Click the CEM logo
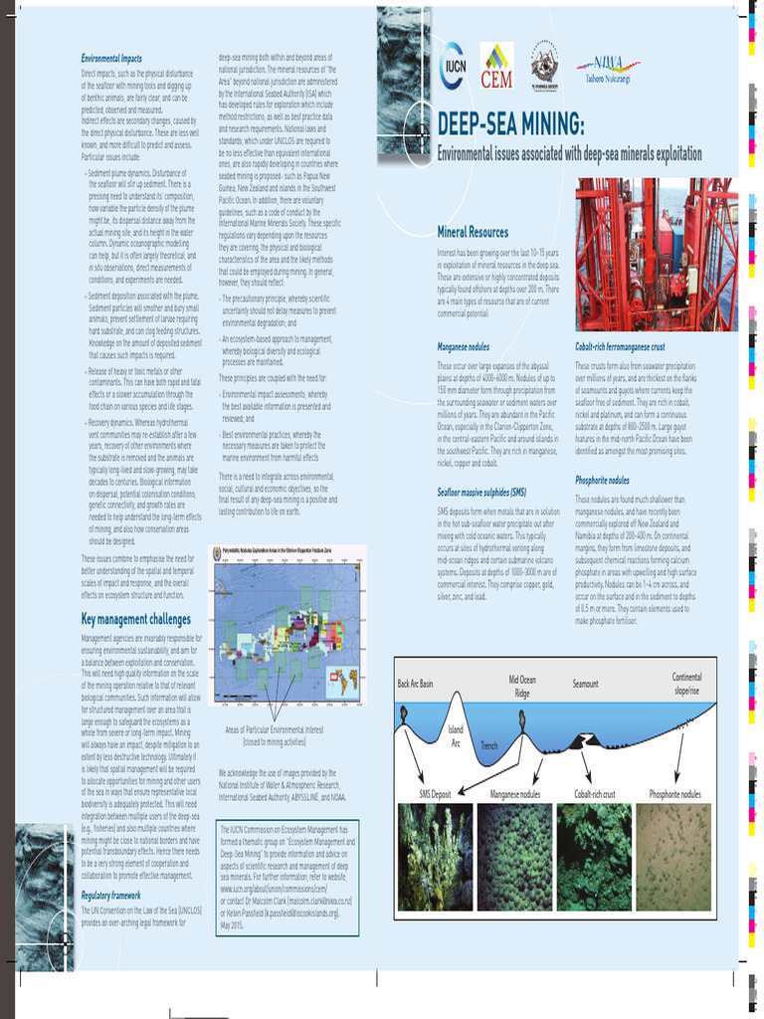[x=496, y=64]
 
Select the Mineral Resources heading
[x=474, y=232]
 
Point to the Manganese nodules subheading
[x=464, y=346]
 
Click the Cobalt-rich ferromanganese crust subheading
[x=620, y=346]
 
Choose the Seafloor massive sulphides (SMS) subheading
[x=481, y=492]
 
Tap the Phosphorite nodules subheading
[x=602, y=480]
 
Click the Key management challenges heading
[x=135, y=619]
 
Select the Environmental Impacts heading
[x=111, y=59]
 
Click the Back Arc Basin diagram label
[x=415, y=684]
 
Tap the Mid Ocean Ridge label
[x=522, y=686]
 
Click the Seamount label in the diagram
[x=586, y=684]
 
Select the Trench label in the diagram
[x=488, y=745]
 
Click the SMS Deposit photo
[x=435, y=856]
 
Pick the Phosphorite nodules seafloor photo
[x=673, y=856]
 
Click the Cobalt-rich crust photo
[x=594, y=856]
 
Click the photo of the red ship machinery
[x=657, y=254]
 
